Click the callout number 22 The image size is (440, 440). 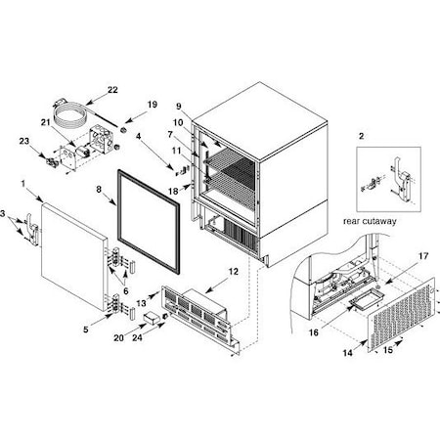[112, 90]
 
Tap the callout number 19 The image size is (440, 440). [153, 105]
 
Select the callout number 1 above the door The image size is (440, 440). [23, 184]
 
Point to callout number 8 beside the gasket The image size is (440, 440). [99, 189]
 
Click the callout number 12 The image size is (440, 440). [234, 271]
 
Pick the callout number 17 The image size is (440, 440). [423, 256]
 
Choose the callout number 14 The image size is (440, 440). [348, 353]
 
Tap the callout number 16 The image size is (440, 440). [314, 332]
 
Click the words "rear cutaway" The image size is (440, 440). [370, 221]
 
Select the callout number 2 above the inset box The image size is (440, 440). [361, 136]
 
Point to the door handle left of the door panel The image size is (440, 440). [32, 228]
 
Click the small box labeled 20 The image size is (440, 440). [152, 317]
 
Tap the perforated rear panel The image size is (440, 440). [402, 314]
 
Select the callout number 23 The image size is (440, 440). [24, 141]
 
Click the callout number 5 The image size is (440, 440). [86, 330]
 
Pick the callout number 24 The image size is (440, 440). [137, 337]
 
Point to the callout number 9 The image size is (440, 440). [179, 107]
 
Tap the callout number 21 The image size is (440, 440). [45, 122]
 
